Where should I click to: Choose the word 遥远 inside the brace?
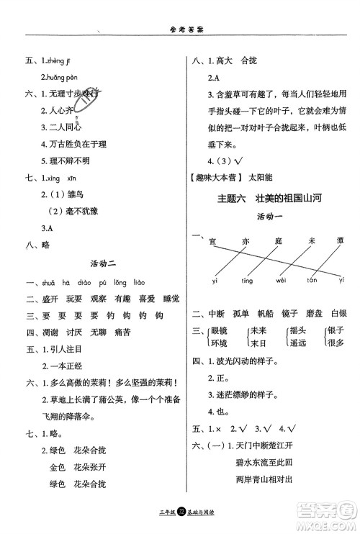[x=298, y=343]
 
